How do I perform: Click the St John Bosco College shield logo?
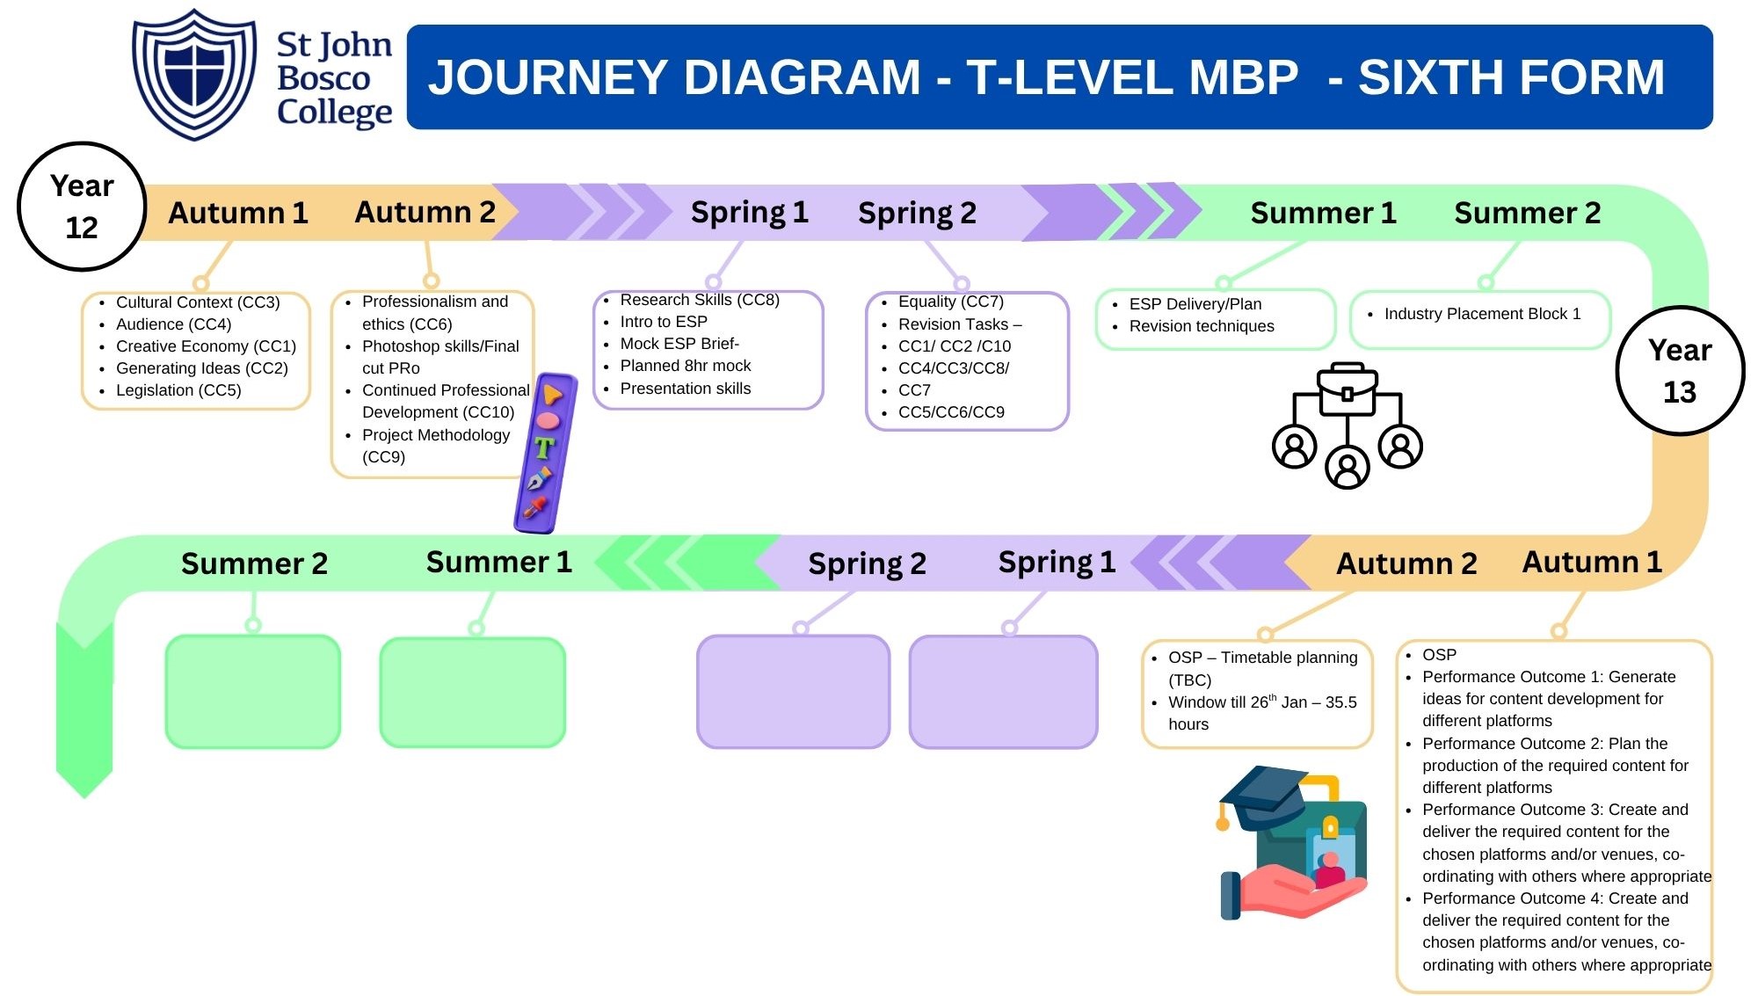coord(194,74)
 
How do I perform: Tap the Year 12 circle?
coord(82,207)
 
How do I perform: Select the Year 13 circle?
coord(1680,371)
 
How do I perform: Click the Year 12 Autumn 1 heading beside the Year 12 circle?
coord(238,213)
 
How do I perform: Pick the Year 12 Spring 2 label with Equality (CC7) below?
coord(917,213)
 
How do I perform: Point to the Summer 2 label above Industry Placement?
coord(1527,213)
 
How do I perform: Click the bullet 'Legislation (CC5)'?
coord(178,390)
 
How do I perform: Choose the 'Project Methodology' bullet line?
coord(435,435)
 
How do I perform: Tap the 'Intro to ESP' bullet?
coord(664,322)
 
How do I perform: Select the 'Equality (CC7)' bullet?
coord(950,302)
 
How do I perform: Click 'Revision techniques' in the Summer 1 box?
coord(1201,326)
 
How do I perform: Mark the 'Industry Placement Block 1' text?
coord(1482,314)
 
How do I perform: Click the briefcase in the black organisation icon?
coord(1347,389)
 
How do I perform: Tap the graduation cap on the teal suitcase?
coord(1264,796)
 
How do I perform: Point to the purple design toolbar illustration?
coord(545,453)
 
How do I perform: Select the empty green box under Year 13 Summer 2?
coord(253,692)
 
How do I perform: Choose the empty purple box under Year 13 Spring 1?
coord(1003,692)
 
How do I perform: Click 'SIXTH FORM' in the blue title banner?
coord(1511,77)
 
